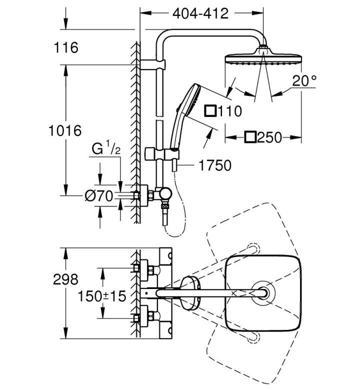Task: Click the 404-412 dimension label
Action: [200, 13]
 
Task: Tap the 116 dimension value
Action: [66, 47]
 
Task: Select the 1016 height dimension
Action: [65, 130]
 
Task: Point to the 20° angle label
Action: [304, 80]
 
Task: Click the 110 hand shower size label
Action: [229, 111]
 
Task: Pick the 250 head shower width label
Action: [269, 137]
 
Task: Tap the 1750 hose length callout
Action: [215, 165]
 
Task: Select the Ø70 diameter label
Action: [99, 195]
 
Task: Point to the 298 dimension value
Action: [65, 279]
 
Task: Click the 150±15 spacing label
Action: [102, 296]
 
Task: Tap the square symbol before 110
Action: [210, 111]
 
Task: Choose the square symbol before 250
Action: [250, 137]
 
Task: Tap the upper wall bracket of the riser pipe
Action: [152, 64]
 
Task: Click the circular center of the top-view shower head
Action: [263, 293]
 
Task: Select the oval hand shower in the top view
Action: [190, 293]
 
